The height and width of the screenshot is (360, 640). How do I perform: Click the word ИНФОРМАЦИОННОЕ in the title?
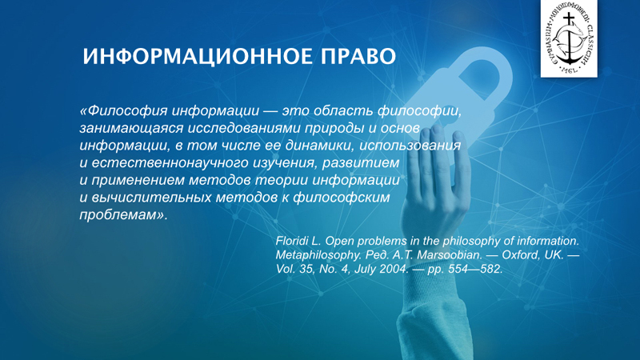(198, 56)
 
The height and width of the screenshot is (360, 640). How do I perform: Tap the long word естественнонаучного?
(170, 163)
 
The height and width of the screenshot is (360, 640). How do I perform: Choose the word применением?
(138, 180)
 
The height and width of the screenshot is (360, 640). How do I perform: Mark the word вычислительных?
(151, 197)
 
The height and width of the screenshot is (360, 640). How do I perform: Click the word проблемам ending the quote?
(118, 214)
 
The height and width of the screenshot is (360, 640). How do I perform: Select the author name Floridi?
(290, 241)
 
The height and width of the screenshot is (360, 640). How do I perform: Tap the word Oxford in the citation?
(521, 255)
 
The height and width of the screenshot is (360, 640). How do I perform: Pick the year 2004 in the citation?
(394, 270)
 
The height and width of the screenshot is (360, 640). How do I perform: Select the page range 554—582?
(475, 270)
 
